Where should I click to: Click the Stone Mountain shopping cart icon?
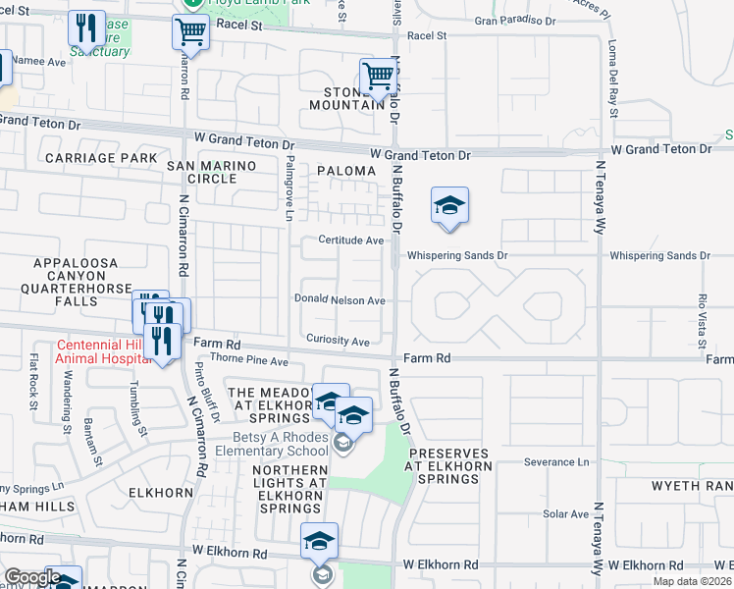(378, 77)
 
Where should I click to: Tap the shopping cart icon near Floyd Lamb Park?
(190, 30)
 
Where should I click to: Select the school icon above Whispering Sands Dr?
(449, 206)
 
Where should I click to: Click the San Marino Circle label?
(215, 173)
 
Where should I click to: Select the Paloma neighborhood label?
(346, 171)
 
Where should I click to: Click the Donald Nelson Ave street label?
(340, 300)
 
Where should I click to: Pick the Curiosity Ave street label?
(337, 341)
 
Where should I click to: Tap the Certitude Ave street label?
(350, 241)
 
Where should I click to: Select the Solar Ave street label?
(566, 513)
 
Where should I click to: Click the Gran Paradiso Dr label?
(514, 20)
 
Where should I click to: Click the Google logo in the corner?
(31, 577)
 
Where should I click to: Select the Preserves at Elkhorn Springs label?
(449, 466)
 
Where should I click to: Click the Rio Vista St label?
(702, 319)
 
